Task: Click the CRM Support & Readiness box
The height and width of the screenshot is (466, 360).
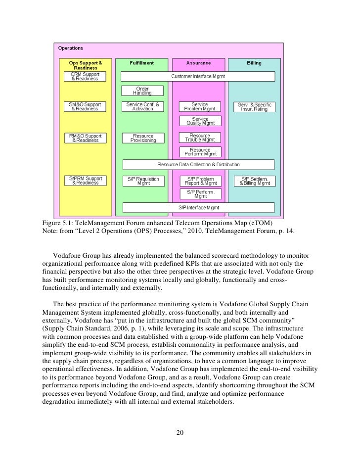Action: (85, 76)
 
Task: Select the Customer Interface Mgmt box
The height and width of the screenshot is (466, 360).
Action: (198, 76)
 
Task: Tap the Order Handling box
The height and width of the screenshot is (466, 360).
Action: (142, 91)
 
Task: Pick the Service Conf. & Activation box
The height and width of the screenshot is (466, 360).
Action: (142, 107)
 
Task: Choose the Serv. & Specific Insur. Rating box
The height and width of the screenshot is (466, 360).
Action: (255, 107)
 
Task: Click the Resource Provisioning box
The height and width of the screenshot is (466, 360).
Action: (142, 138)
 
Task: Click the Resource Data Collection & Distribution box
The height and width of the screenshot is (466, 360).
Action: (198, 164)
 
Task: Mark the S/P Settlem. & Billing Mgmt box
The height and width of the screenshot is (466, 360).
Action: (255, 181)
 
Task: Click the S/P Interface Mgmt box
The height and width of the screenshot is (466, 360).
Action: (198, 207)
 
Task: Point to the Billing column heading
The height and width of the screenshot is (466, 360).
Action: (254, 63)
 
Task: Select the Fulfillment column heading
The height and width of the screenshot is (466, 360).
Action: (142, 63)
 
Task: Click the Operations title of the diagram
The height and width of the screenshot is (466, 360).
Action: (71, 48)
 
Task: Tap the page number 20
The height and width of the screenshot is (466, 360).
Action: (180, 434)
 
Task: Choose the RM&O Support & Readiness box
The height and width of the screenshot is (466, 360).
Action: (85, 138)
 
